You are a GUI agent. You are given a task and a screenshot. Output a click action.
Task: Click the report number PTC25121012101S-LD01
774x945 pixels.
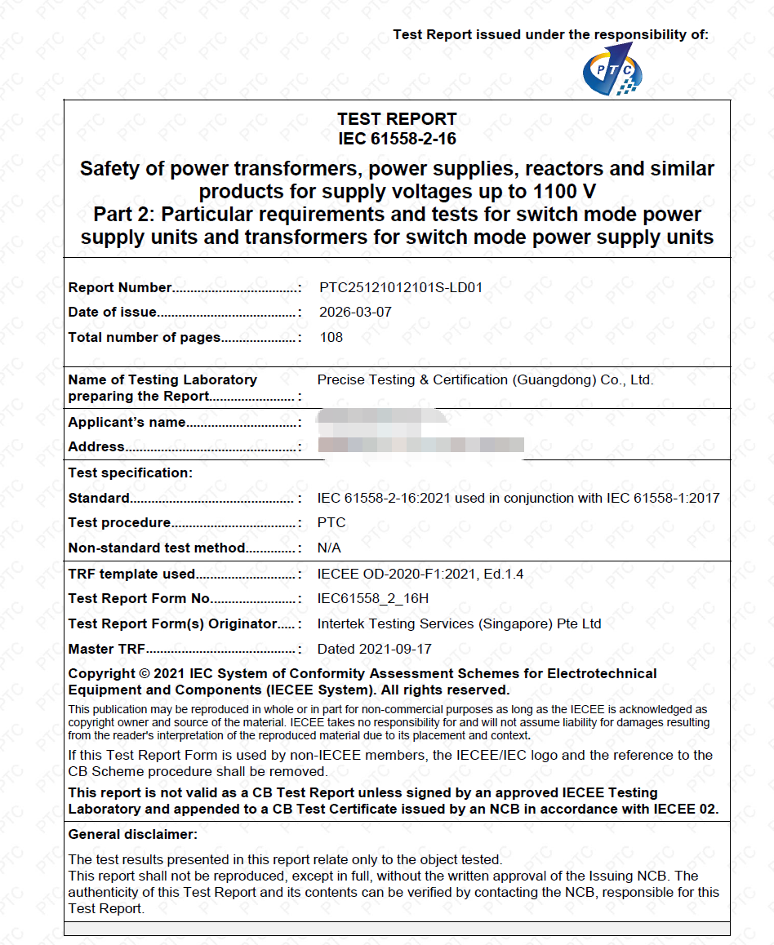tap(401, 287)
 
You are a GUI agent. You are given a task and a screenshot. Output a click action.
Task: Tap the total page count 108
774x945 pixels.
tap(331, 337)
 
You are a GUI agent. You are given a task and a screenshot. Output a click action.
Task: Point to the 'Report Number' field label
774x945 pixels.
tap(120, 287)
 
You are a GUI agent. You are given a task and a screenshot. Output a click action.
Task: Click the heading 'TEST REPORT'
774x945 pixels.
tap(397, 119)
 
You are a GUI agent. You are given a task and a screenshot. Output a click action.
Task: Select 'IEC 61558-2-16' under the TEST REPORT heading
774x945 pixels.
tap(397, 139)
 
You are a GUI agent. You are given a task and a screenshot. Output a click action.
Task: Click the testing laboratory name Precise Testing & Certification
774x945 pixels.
tap(485, 379)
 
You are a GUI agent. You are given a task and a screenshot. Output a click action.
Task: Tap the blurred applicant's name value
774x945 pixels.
tap(371, 421)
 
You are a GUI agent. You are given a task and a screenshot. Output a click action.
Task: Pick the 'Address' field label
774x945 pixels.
tap(96, 446)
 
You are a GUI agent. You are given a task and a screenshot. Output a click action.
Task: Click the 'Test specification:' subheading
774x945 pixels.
tap(131, 472)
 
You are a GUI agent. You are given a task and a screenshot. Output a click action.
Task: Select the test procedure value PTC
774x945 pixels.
tap(331, 522)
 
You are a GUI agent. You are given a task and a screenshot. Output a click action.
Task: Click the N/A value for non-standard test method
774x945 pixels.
tap(329, 548)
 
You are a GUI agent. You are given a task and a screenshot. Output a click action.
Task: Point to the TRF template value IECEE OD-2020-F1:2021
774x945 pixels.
tap(420, 574)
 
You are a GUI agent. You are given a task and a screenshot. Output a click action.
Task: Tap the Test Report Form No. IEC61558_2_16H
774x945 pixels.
tap(372, 598)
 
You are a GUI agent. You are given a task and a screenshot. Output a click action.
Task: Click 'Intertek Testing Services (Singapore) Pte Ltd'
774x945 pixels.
tap(459, 623)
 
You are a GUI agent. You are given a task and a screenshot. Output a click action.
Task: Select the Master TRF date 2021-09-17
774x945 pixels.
tap(374, 649)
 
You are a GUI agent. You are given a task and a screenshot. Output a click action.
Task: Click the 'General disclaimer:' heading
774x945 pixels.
tap(132, 834)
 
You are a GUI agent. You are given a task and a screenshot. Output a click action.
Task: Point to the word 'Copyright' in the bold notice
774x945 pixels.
tap(101, 673)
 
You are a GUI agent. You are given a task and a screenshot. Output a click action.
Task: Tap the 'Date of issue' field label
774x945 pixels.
tap(112, 312)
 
